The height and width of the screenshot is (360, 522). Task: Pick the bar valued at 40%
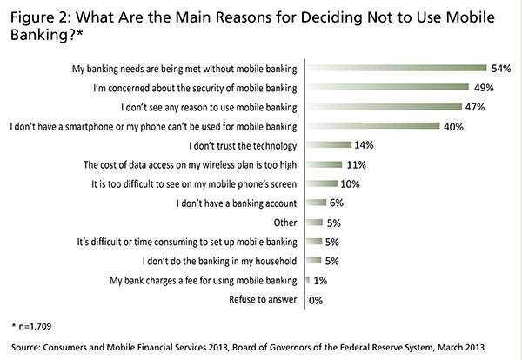coord(374,125)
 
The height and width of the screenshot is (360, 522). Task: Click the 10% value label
coord(350,183)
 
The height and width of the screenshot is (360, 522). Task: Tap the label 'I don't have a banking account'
coord(236,202)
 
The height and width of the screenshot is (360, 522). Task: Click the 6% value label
coord(336,202)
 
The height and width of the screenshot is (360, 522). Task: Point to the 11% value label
coord(354,163)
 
